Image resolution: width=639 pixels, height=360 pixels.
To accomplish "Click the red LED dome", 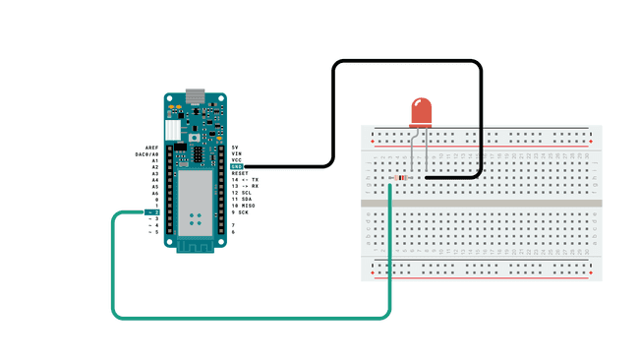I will [x=421, y=111].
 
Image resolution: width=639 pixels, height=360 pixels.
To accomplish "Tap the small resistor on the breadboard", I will [x=400, y=178].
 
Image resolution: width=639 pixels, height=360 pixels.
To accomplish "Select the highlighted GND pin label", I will [x=236, y=167].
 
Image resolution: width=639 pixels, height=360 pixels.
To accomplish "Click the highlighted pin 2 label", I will [x=153, y=212].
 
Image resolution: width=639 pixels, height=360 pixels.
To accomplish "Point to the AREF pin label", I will [x=151, y=147].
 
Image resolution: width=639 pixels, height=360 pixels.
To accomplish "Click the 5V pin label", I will [x=235, y=147].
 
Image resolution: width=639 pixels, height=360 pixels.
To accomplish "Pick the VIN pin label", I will [x=236, y=153].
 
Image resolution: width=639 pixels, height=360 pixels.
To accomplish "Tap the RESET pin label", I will [x=240, y=173].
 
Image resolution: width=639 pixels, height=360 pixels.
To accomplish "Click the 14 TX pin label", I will [x=245, y=180].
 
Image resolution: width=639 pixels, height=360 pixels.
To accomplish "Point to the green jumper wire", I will [x=246, y=318].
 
